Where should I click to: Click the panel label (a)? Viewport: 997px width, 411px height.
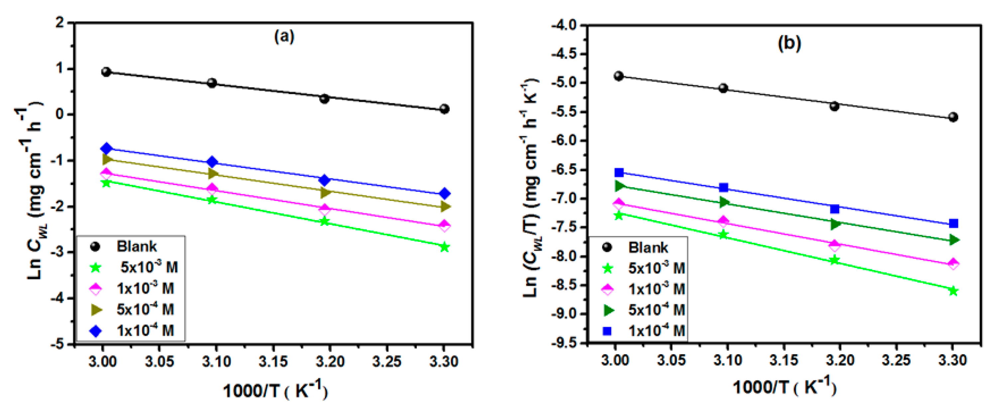point(284,37)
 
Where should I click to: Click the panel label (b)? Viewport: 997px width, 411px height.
point(789,43)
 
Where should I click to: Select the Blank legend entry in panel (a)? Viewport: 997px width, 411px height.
point(136,246)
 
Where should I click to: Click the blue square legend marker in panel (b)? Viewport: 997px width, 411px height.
point(607,331)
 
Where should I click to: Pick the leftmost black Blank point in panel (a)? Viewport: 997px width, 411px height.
point(106,72)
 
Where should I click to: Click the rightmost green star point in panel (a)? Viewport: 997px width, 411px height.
point(444,247)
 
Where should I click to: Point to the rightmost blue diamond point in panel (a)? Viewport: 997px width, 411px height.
point(444,193)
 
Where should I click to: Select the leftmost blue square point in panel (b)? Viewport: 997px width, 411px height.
point(619,172)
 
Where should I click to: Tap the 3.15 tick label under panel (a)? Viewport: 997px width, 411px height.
point(273,361)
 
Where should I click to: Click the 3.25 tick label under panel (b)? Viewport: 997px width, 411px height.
point(896,360)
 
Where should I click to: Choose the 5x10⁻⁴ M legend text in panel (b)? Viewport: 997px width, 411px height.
point(656,310)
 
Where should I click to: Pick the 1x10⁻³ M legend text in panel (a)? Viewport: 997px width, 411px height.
point(145,289)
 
